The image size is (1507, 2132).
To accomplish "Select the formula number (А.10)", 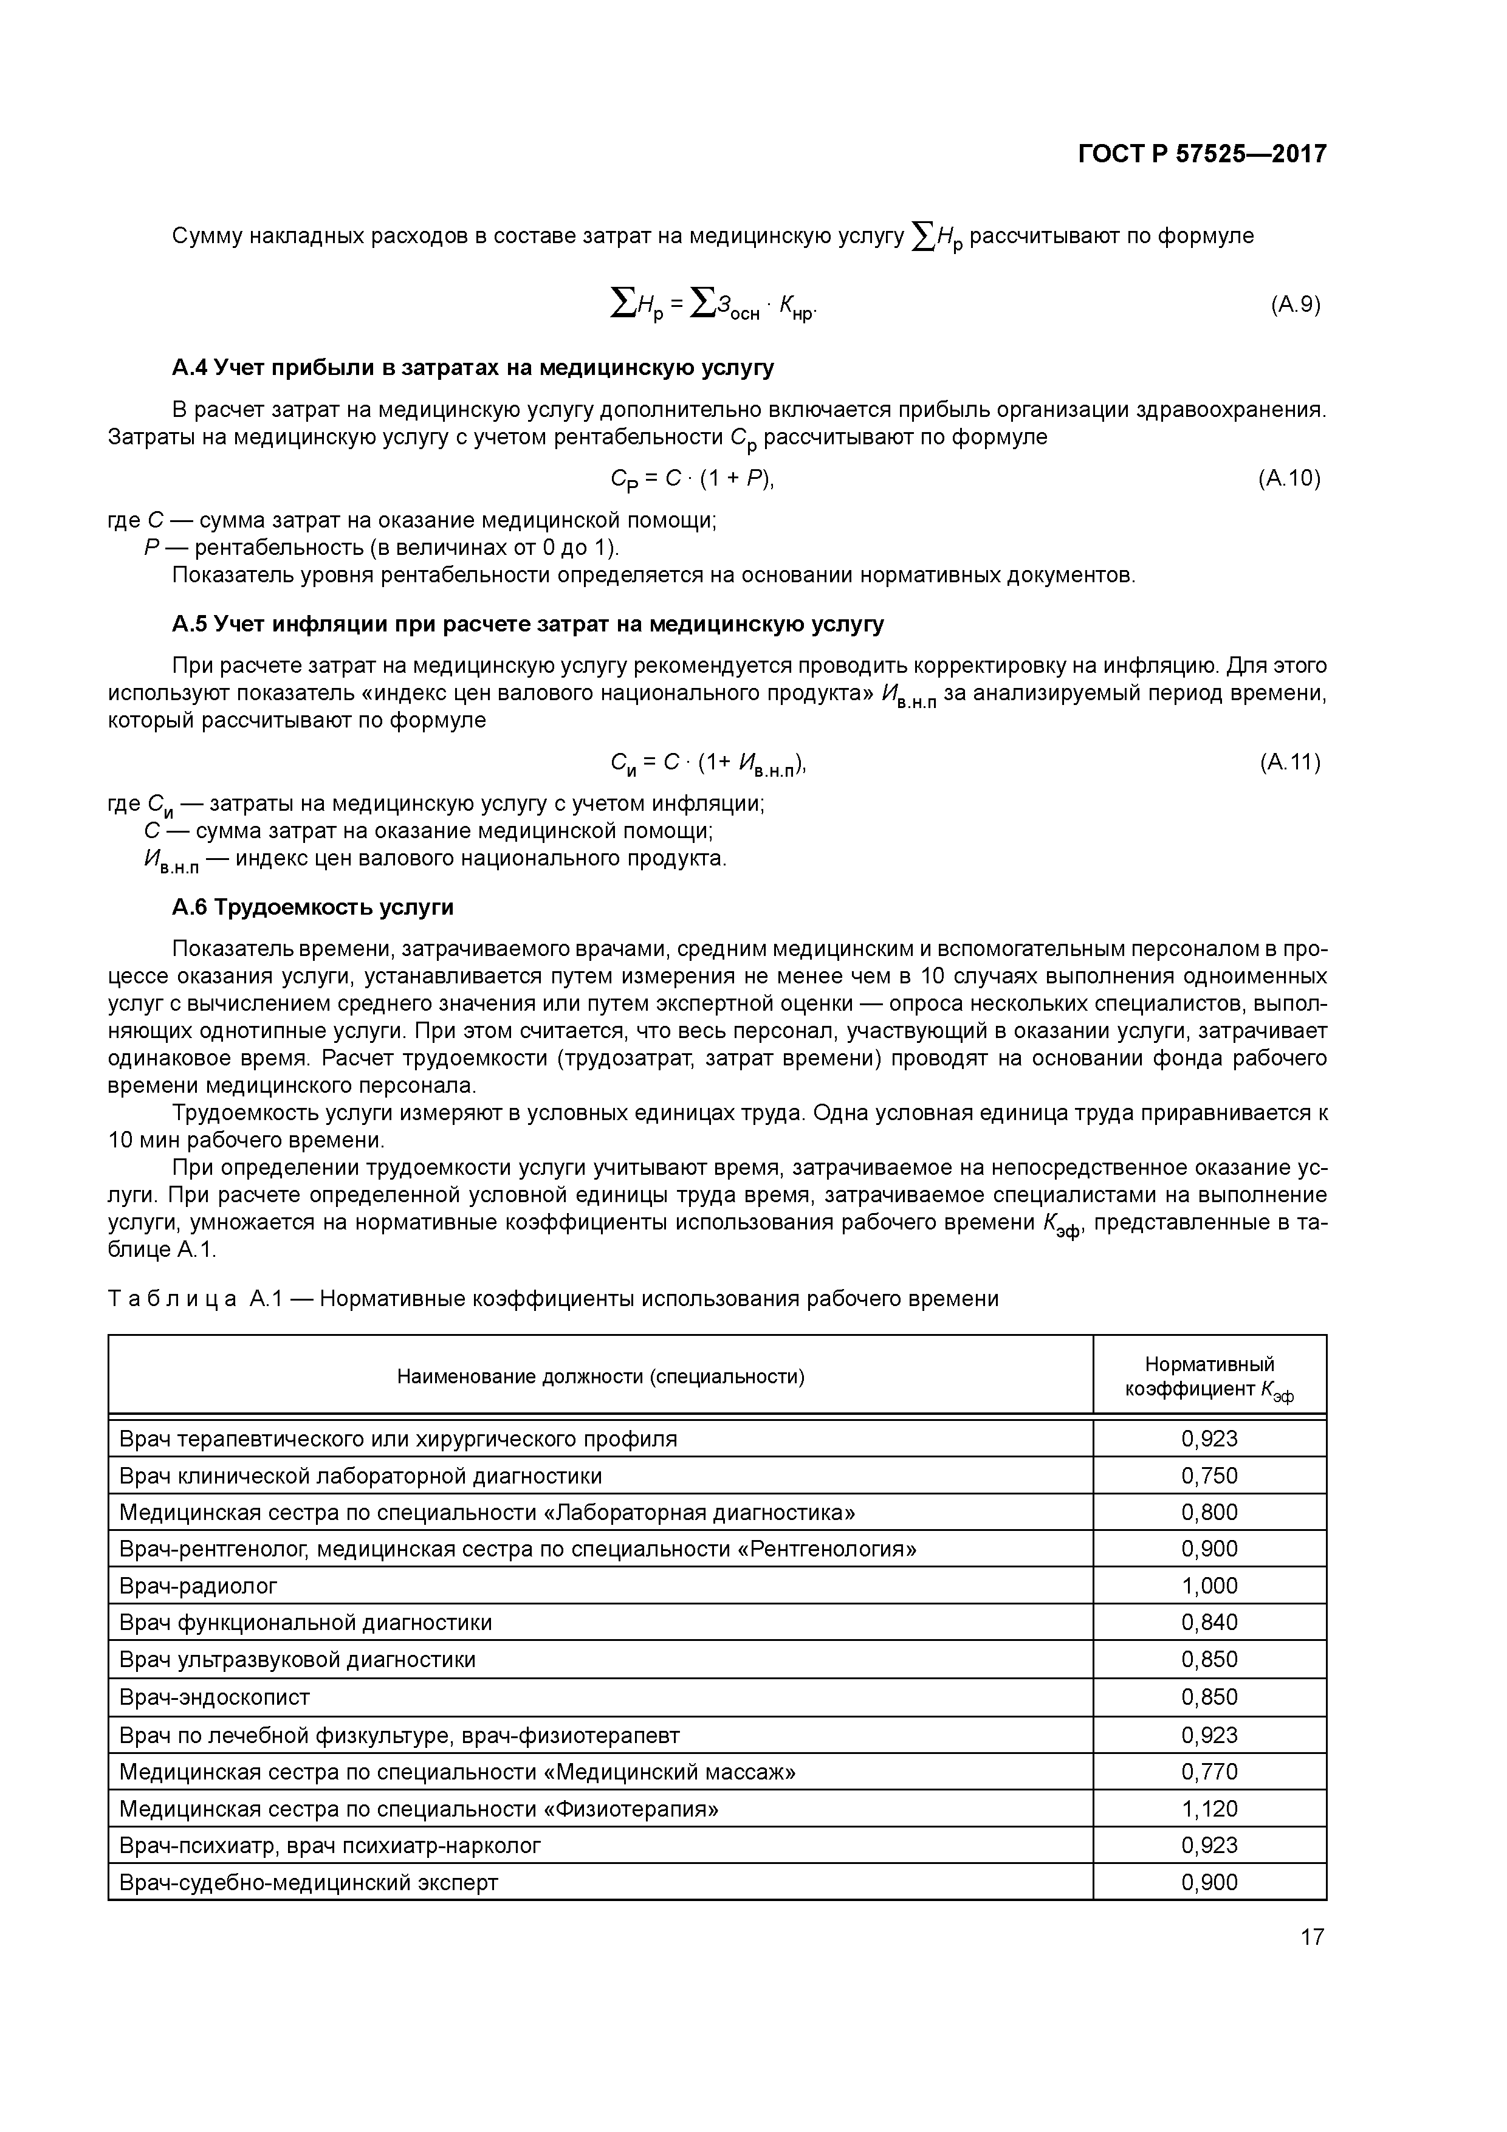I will pos(1289,478).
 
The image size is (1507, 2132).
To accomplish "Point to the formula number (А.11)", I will pos(1289,762).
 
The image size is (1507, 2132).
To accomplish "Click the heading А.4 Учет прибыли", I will pos(473,369).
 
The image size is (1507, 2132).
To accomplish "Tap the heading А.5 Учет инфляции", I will pos(527,624).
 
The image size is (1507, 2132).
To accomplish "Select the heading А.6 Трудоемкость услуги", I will pos(313,907).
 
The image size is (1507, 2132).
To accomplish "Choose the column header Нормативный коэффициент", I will pos(1209,1376).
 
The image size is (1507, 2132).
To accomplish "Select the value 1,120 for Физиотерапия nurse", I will pos(1209,1809).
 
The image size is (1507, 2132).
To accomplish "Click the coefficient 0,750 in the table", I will pos(1209,1476).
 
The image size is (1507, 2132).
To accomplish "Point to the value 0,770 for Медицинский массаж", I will pos(1209,1772).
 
